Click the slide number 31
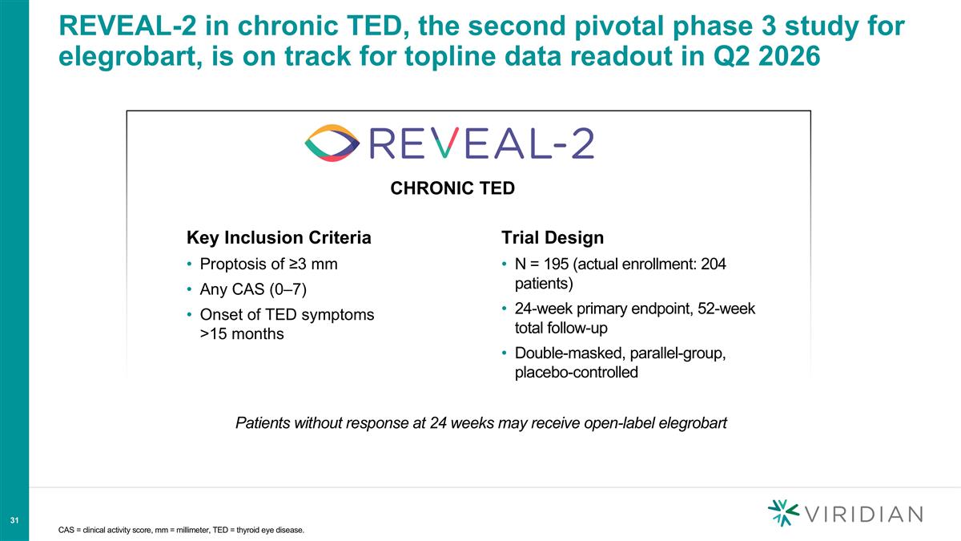point(14,522)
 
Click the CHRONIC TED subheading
point(452,189)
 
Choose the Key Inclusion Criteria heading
point(279,238)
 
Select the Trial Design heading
point(552,238)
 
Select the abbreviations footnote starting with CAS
point(182,530)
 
